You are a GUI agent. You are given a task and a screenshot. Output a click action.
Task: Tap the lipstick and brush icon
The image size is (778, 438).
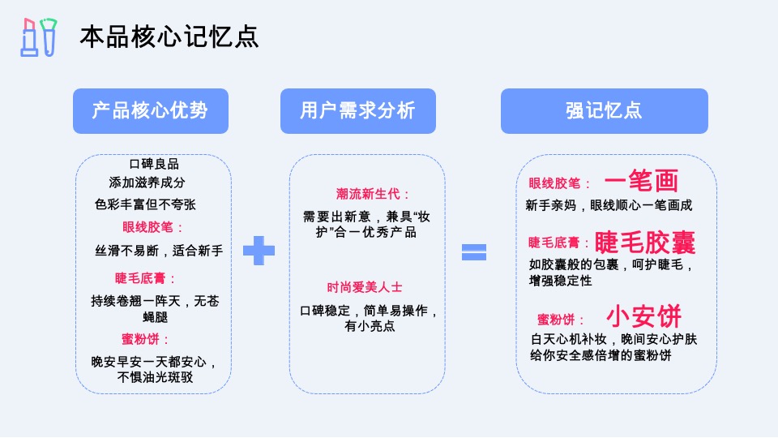point(39,37)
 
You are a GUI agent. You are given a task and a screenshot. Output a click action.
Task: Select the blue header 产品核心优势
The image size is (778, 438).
point(150,111)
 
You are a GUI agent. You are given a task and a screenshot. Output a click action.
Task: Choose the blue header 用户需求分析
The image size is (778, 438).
point(357,111)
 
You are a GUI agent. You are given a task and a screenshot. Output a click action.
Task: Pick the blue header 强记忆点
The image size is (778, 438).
point(604,111)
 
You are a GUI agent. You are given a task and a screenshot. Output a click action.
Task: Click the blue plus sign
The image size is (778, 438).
point(259,251)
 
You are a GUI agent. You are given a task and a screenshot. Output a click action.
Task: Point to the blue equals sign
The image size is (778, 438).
point(474,251)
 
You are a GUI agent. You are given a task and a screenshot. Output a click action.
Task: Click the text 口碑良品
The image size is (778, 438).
point(154,164)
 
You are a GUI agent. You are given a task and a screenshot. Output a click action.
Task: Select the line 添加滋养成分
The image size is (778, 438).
point(147,182)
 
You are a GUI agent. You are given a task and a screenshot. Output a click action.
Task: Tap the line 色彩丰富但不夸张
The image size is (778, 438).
point(145,204)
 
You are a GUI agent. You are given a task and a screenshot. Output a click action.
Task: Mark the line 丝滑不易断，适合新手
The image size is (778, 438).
point(159,251)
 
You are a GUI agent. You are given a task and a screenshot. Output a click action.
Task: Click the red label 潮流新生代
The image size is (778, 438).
point(374,194)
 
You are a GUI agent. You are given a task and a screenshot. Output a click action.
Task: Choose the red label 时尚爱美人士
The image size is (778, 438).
point(365,287)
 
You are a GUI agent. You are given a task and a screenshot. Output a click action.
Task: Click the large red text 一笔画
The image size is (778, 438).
point(641,181)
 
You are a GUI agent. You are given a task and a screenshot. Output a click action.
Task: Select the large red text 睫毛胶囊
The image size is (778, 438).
point(645,242)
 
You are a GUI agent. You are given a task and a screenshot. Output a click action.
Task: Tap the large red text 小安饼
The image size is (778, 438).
point(644,316)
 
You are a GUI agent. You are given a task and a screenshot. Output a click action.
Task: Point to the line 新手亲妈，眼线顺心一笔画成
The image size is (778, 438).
point(609,205)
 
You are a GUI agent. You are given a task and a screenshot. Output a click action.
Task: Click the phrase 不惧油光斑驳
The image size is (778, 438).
point(156,377)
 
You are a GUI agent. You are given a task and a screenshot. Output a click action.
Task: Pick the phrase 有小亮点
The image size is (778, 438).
point(370,326)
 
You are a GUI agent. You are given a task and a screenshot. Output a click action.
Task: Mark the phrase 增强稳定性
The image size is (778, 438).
point(560,281)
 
